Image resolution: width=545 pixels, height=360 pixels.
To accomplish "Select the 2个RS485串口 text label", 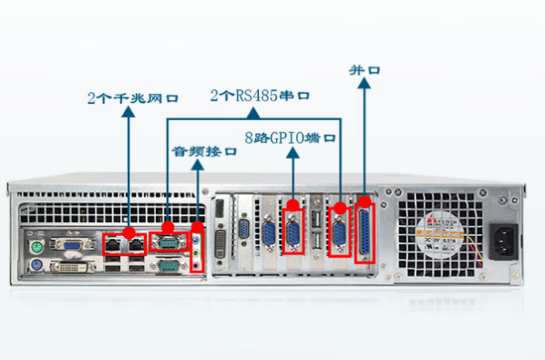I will [x=261, y=95].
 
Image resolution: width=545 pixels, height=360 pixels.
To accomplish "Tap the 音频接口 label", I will [x=205, y=151].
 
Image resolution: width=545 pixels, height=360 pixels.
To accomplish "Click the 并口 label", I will [x=364, y=69].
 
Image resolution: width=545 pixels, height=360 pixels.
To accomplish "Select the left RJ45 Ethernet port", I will [x=114, y=243].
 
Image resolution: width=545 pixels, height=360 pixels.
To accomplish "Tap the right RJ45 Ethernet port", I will [x=135, y=243].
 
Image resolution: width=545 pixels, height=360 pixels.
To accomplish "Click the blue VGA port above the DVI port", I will [x=69, y=244].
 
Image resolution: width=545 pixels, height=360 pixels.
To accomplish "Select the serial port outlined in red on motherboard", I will [x=167, y=242].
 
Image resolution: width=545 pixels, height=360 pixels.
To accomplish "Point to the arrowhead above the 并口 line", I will [x=365, y=85].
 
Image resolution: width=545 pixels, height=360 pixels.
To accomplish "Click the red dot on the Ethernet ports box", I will [x=129, y=232].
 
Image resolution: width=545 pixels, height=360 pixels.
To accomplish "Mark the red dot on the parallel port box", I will [x=365, y=201].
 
